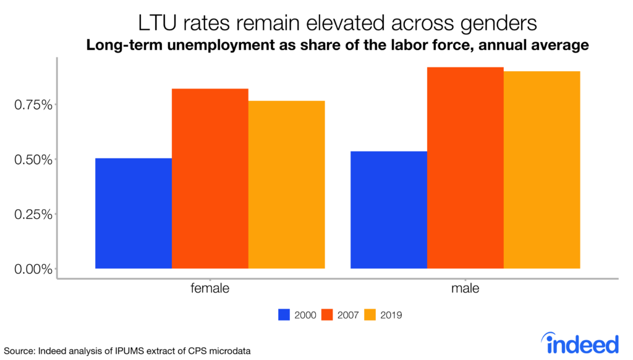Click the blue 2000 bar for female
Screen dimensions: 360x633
[x=134, y=213]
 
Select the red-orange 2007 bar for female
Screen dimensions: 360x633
[x=210, y=179]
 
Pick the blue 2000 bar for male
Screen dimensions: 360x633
[x=389, y=210]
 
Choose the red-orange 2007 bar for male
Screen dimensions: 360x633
[x=465, y=168]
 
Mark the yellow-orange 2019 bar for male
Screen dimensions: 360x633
[x=542, y=170]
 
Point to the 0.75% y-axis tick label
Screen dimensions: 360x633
[x=32, y=105]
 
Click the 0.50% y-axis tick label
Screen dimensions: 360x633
[x=32, y=160]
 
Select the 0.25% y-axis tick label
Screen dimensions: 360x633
[x=32, y=214]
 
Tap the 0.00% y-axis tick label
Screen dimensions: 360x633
[x=32, y=269]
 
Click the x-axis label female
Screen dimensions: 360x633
[x=210, y=289]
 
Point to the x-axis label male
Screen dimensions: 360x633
[x=465, y=289]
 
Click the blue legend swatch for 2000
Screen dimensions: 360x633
[x=284, y=315]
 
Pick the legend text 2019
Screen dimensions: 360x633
[x=391, y=315]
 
